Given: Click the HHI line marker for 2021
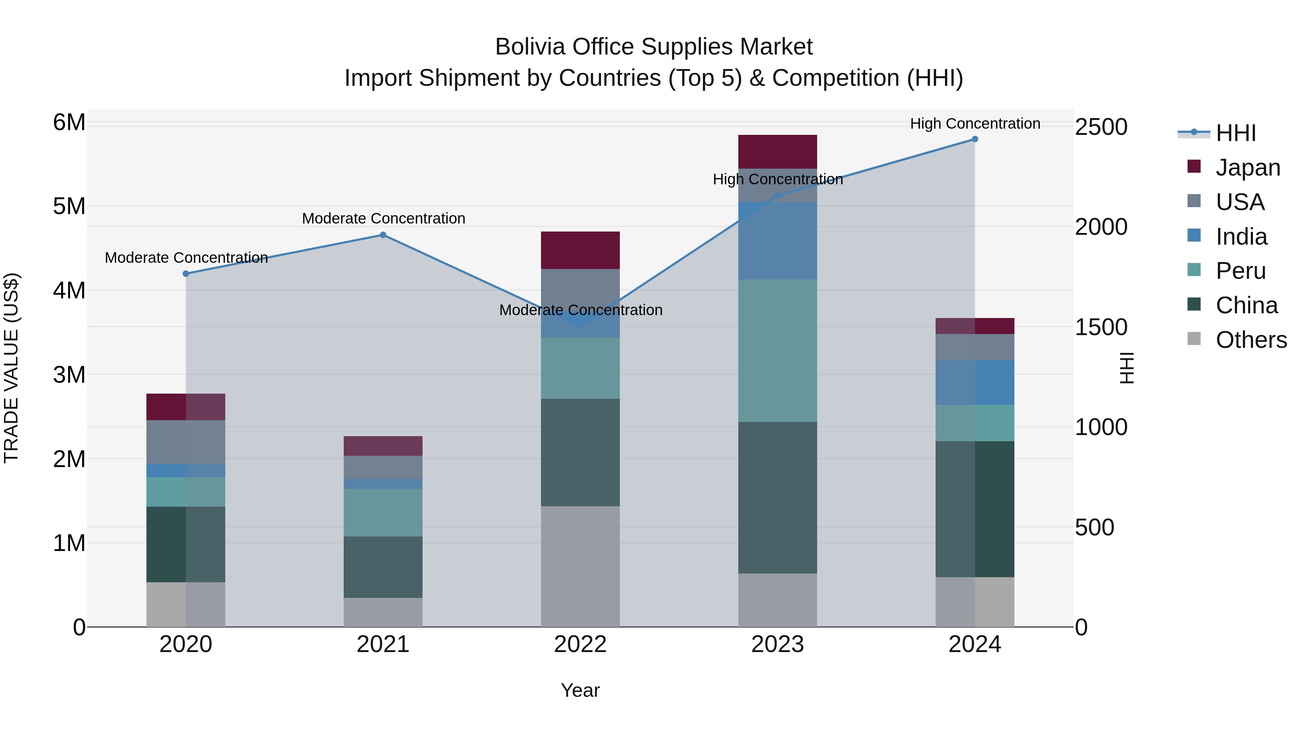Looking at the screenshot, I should (383, 235).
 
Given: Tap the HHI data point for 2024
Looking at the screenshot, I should (975, 139).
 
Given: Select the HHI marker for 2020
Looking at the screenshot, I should (186, 274).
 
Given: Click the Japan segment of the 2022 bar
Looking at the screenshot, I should (580, 250).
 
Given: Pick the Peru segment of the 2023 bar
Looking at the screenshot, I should (778, 350).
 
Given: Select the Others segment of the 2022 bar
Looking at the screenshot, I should (580, 566).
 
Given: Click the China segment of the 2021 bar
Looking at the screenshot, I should (383, 567).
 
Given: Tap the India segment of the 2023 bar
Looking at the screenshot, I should (778, 241).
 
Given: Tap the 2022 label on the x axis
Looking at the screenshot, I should (580, 644).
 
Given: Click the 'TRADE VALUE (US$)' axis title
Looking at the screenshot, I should (11, 368).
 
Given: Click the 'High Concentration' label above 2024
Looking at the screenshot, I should (975, 124).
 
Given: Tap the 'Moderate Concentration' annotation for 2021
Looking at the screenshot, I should (383, 219).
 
